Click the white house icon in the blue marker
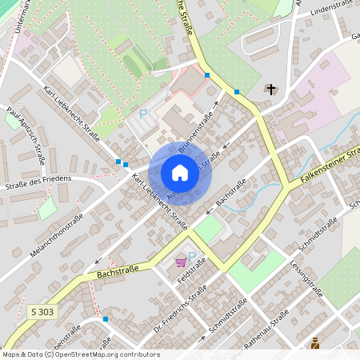180,172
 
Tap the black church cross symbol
271,89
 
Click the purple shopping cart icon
181,262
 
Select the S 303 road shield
42,311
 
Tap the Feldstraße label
185,279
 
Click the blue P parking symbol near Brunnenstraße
144,114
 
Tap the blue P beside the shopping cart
192,256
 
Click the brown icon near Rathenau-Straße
314,343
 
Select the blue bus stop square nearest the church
237,92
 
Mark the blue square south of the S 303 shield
105,318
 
